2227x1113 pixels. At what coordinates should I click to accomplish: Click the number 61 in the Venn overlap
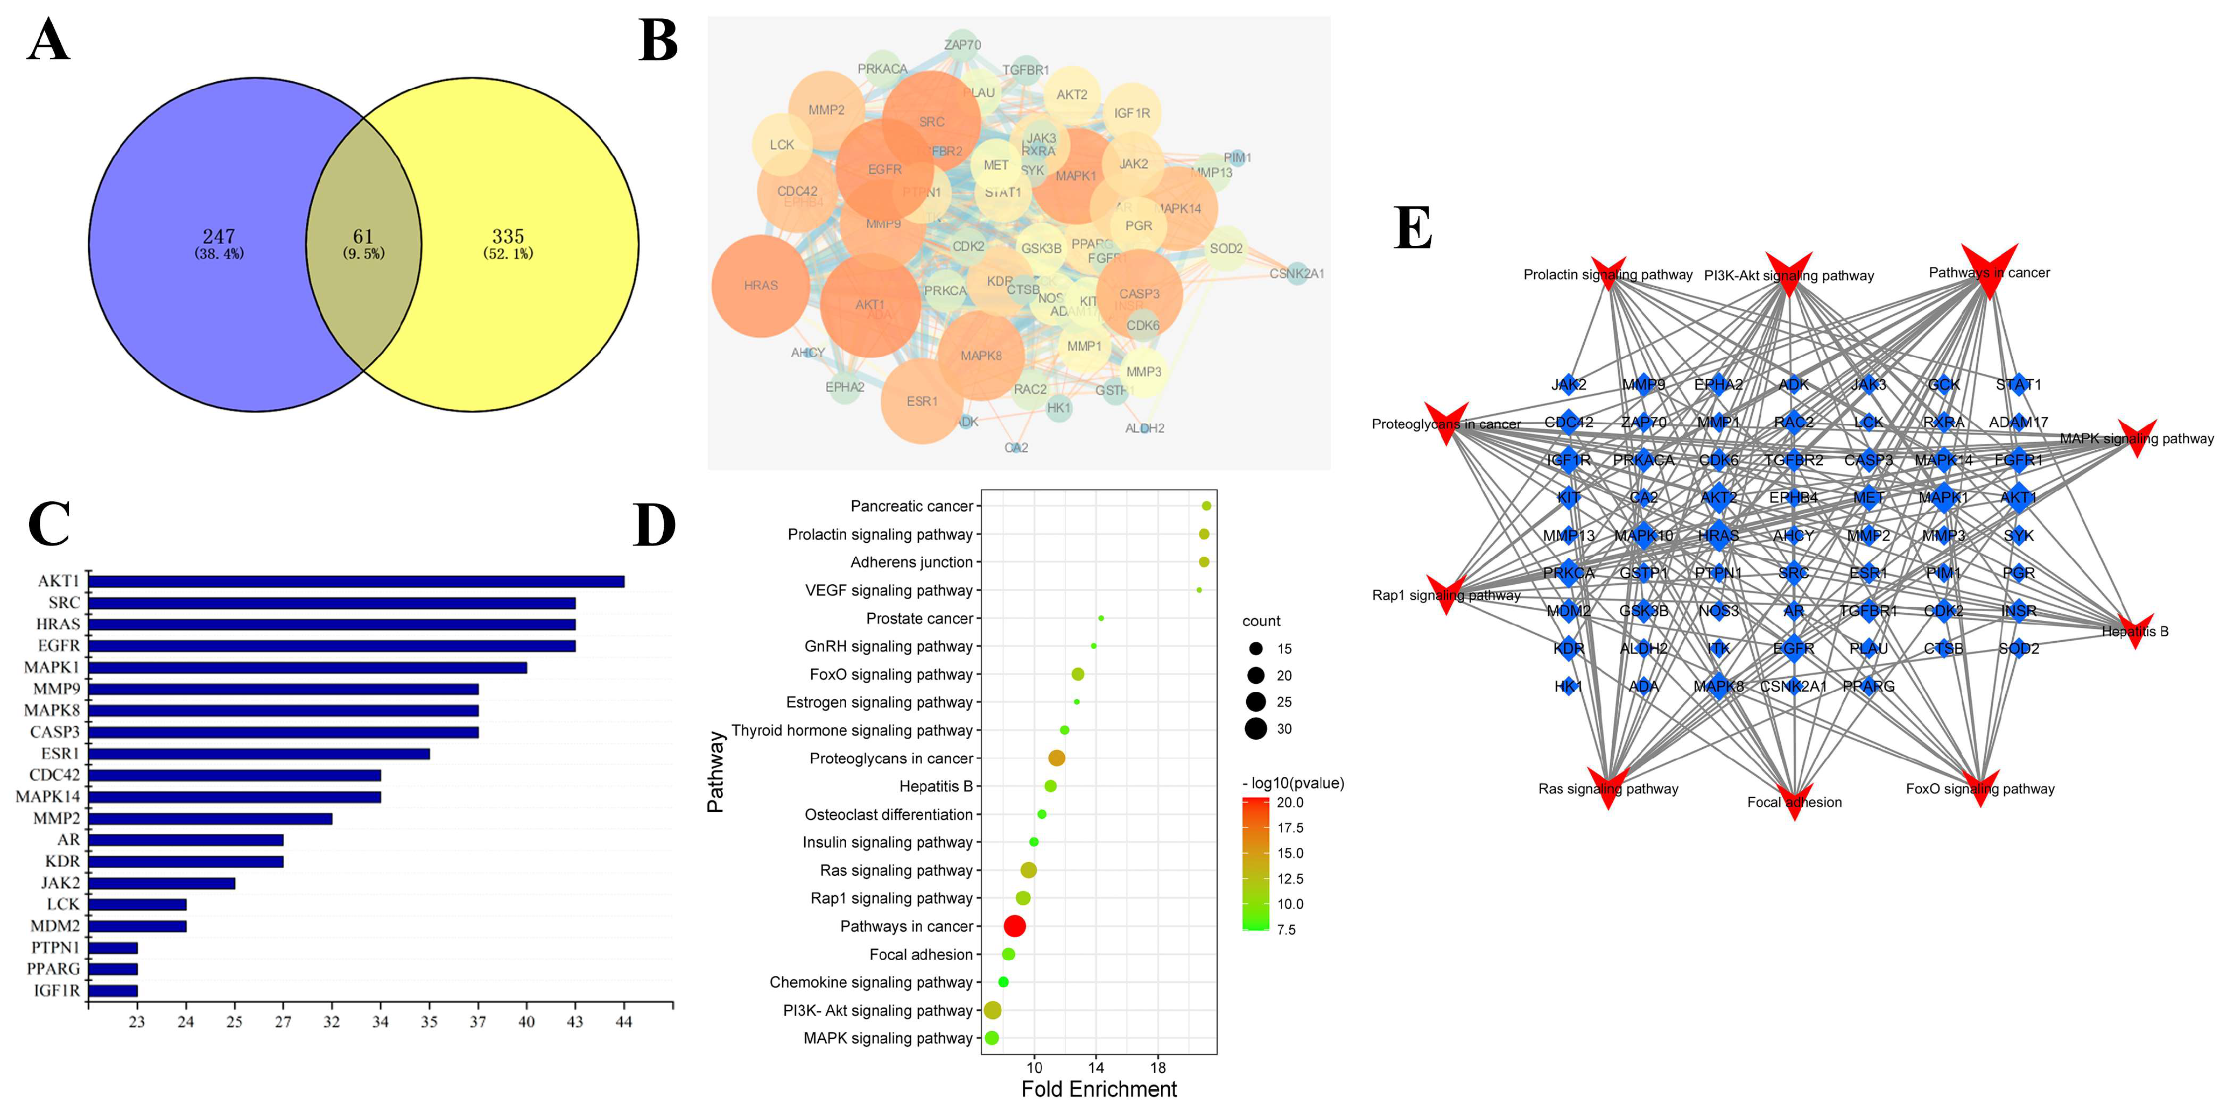point(363,237)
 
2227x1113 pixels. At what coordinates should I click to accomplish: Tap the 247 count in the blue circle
point(219,237)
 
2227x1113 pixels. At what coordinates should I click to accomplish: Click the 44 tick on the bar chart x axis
point(623,1022)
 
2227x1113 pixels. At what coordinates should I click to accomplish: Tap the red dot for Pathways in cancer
point(1015,926)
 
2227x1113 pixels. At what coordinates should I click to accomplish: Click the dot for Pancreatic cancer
point(1206,506)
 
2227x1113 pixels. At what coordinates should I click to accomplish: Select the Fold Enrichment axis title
point(1099,1089)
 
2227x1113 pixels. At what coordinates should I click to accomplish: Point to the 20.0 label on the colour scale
point(1290,803)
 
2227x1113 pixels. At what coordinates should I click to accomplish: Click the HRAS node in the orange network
point(761,285)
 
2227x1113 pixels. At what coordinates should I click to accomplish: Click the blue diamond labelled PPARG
point(1868,686)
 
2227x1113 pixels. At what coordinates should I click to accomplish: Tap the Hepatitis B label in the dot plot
point(936,786)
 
